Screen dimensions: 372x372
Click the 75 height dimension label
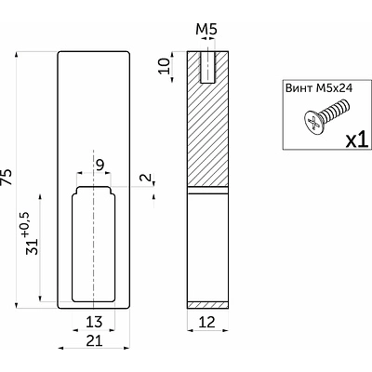point(7,177)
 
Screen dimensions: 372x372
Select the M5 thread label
point(206,30)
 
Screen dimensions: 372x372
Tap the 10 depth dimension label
point(165,66)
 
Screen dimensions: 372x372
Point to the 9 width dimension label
point(100,166)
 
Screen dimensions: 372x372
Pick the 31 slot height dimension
point(33,246)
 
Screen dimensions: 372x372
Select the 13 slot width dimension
point(94,322)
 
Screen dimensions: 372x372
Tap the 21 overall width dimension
point(94,341)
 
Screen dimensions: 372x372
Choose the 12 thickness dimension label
point(207,322)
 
